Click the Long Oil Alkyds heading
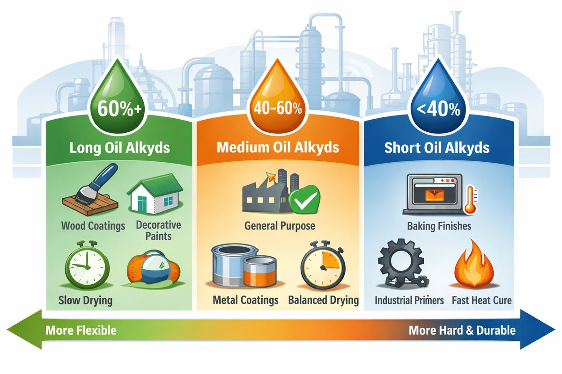(119, 148)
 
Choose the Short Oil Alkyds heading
(436, 148)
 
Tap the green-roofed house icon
(155, 192)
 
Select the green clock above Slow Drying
(86, 264)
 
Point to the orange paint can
(258, 274)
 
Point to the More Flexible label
(81, 331)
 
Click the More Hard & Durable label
(462, 331)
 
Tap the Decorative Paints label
(158, 230)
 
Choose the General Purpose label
(280, 226)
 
